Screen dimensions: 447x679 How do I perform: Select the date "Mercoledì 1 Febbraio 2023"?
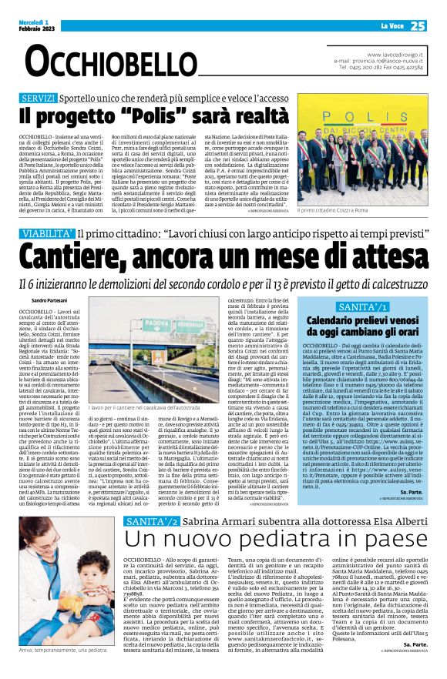pyautogui.click(x=31, y=25)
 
